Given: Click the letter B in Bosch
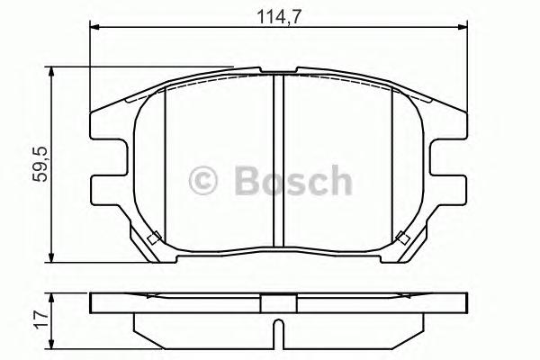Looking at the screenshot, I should [x=245, y=181].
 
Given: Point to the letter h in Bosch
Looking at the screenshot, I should [x=339, y=180].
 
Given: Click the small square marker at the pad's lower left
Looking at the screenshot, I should [x=154, y=238].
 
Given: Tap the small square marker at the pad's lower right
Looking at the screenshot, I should [x=402, y=238].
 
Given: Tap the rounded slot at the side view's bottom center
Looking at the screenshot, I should [x=279, y=332].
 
